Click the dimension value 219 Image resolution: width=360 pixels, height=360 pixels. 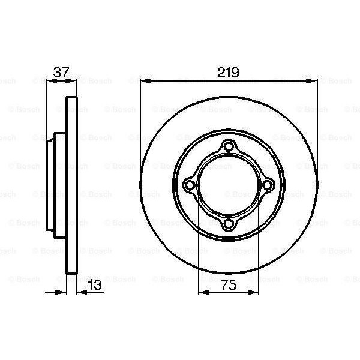pyautogui.click(x=228, y=73)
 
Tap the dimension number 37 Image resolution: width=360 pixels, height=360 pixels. pyautogui.click(x=61, y=73)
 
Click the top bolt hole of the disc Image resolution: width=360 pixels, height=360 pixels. pyautogui.click(x=228, y=146)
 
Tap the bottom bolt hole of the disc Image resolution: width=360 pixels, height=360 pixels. pyautogui.click(x=228, y=224)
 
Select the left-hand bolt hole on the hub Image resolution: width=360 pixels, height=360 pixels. pyautogui.click(x=189, y=185)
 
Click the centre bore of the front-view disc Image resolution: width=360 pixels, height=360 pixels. pyautogui.click(x=228, y=185)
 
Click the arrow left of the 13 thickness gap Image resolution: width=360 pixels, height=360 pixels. pyautogui.click(x=62, y=293)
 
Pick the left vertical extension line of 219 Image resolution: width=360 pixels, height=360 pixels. pyautogui.click(x=140, y=120)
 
